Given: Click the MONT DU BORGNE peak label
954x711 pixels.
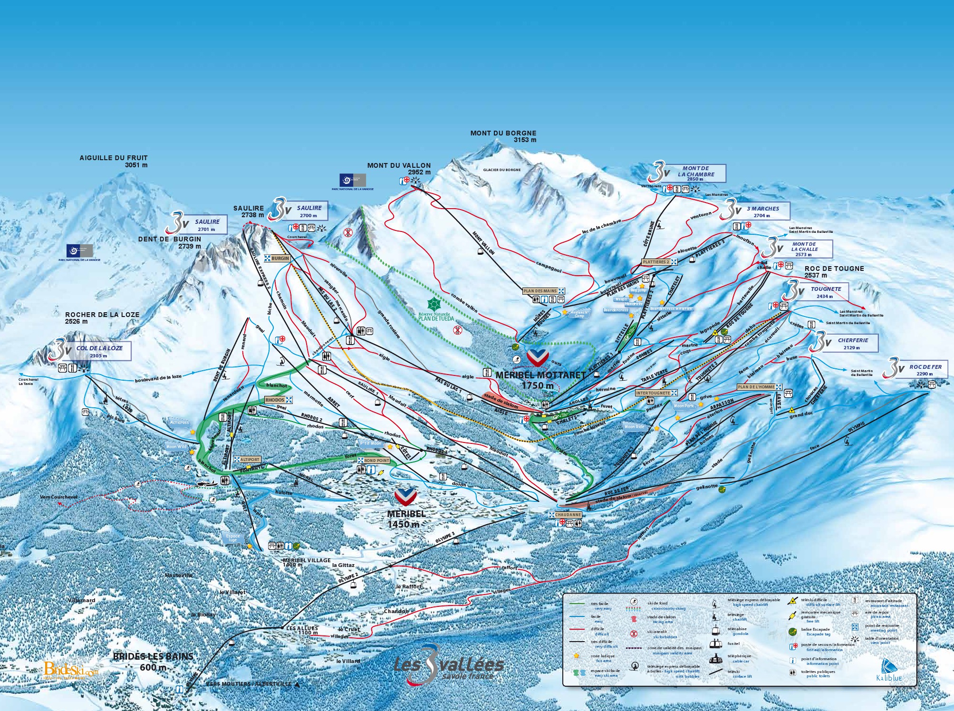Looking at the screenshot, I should [503, 136].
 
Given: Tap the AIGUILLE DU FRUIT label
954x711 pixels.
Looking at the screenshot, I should [114, 161].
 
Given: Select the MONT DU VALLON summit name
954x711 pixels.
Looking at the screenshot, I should [399, 168].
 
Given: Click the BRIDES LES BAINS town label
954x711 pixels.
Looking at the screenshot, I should [153, 661].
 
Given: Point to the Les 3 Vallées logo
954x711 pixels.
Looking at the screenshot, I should [449, 665].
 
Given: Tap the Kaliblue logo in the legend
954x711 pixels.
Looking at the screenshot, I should [889, 670].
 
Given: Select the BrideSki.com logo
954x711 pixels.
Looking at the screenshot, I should [71, 669].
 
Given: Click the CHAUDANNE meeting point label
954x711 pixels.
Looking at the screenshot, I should [568, 515].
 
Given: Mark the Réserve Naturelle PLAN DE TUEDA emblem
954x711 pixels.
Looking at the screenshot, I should [434, 309].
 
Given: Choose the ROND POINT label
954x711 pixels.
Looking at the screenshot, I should [376, 461].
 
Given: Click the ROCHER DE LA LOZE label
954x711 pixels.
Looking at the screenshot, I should [102, 317].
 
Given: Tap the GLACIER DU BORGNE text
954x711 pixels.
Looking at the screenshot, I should [501, 170].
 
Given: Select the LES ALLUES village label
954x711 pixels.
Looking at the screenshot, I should [301, 630].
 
